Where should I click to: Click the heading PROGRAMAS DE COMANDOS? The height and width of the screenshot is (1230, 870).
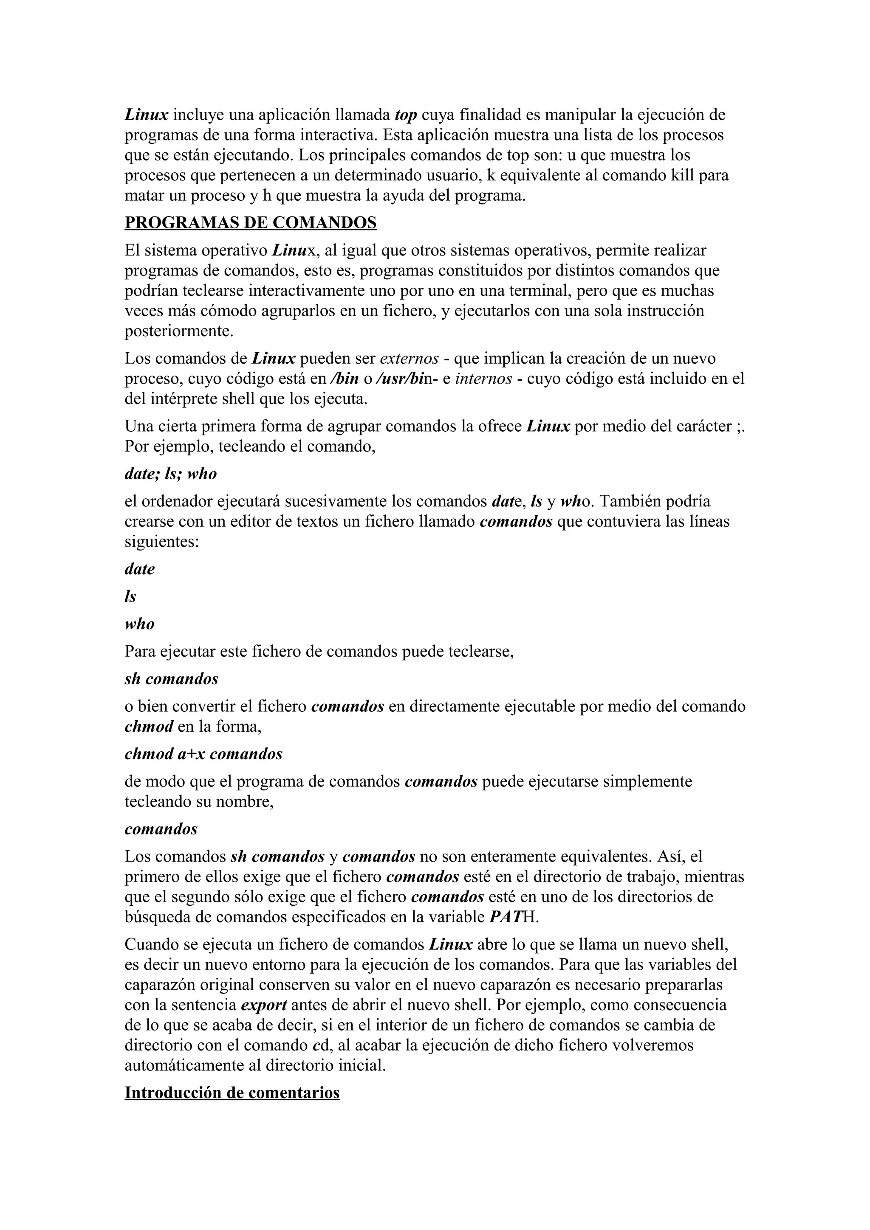click(250, 222)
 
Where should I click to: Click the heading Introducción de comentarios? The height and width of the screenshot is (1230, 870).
click(232, 1092)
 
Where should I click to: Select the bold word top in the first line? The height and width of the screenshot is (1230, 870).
click(405, 115)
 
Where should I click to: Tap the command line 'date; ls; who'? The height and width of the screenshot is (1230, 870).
click(170, 474)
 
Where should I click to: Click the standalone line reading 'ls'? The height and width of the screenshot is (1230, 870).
click(130, 596)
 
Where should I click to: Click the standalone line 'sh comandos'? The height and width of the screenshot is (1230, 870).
click(171, 679)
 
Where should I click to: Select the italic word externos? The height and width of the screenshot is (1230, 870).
click(409, 358)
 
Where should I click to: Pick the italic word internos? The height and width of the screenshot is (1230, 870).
click(483, 379)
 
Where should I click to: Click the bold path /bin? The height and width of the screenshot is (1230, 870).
click(344, 379)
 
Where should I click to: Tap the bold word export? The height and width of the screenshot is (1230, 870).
click(264, 1005)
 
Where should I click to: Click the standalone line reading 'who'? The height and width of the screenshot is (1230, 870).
click(139, 624)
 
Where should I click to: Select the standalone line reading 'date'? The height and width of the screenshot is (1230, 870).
click(139, 569)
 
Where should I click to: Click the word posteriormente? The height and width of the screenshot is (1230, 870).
click(179, 331)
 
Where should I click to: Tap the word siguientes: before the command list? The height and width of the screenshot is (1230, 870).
click(162, 542)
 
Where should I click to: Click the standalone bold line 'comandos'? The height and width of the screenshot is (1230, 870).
click(161, 829)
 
